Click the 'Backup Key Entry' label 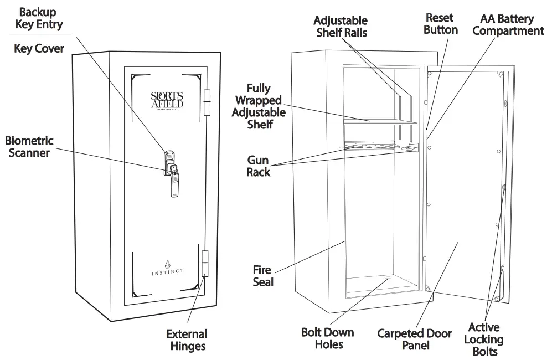pyautogui.click(x=38, y=18)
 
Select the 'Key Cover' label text pyautogui.click(x=39, y=49)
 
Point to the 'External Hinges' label pyautogui.click(x=187, y=340)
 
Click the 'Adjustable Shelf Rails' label pyautogui.click(x=341, y=27)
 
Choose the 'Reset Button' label pyautogui.click(x=441, y=24)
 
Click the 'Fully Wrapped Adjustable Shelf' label pyautogui.click(x=259, y=106)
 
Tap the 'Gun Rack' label pyautogui.click(x=259, y=166)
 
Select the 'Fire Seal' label pyautogui.click(x=262, y=276)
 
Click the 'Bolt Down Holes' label pyautogui.click(x=327, y=338)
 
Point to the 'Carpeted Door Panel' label pyautogui.click(x=414, y=340)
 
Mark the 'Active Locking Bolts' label pyautogui.click(x=483, y=339)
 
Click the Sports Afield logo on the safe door pyautogui.click(x=167, y=100)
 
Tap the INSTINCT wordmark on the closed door pyautogui.click(x=168, y=271)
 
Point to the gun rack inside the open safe pyautogui.click(x=380, y=148)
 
